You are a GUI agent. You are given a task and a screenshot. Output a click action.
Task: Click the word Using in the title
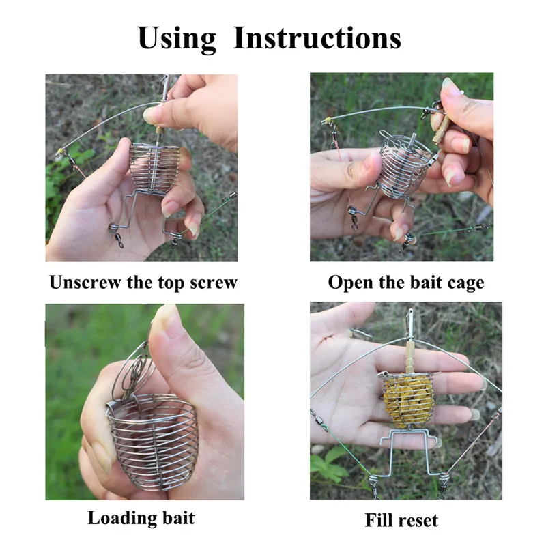click(177, 39)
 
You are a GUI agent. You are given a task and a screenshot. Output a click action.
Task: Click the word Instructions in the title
click(317, 38)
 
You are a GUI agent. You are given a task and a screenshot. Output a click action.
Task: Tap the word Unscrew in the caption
click(85, 282)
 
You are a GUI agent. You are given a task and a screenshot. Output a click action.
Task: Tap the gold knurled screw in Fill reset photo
click(410, 356)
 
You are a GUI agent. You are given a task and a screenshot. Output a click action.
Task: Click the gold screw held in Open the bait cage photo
click(440, 130)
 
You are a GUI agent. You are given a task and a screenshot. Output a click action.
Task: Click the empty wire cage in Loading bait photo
click(152, 442)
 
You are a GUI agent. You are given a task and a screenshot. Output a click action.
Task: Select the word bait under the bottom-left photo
click(178, 518)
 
